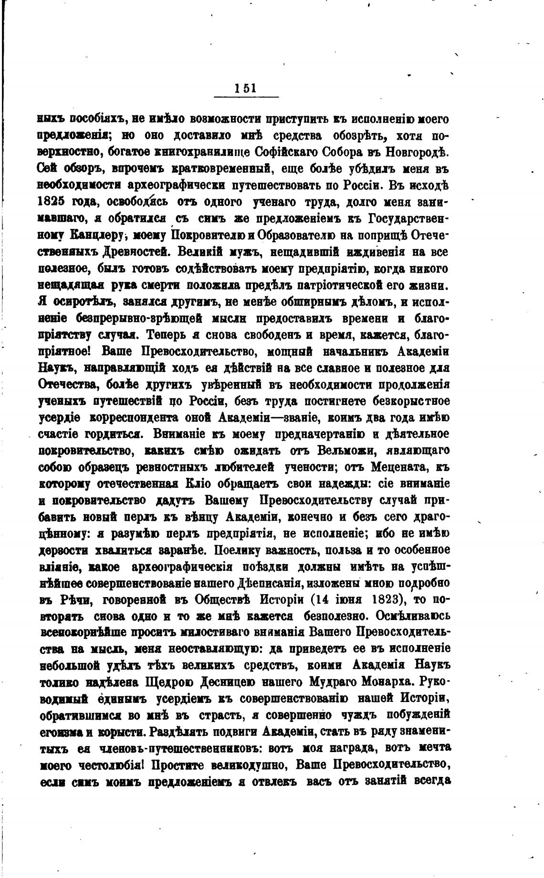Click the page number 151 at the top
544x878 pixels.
point(245,88)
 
